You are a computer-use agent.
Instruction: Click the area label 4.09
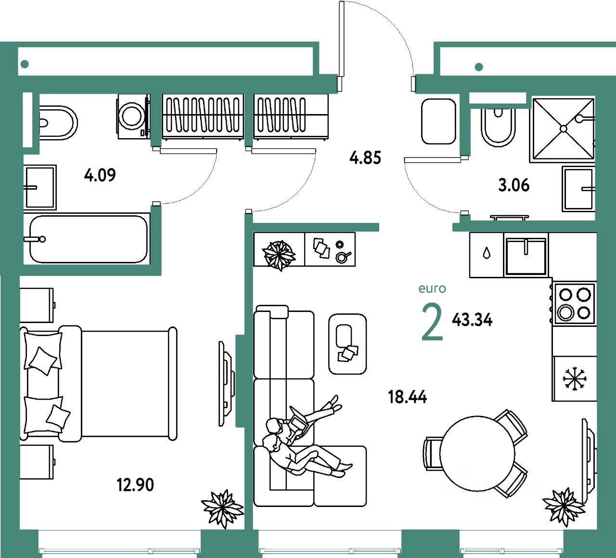tap(100, 175)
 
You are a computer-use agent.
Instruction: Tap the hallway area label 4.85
tap(365, 158)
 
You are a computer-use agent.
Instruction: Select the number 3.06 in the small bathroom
tap(513, 185)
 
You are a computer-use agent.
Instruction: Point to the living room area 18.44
tap(407, 397)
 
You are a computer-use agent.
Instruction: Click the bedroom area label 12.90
tap(135, 484)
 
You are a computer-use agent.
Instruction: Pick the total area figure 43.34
tap(472, 320)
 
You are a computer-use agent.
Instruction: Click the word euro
tap(432, 288)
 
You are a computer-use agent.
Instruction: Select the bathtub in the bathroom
tap(88, 239)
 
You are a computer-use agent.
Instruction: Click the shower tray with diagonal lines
tap(563, 129)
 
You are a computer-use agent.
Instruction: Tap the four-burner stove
tap(574, 304)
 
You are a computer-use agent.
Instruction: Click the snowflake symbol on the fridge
tap(575, 378)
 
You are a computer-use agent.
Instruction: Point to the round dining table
tap(476, 454)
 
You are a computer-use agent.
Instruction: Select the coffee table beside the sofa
tap(347, 344)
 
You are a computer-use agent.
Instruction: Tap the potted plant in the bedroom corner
tap(222, 507)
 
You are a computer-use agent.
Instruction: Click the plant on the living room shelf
tap(279, 254)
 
